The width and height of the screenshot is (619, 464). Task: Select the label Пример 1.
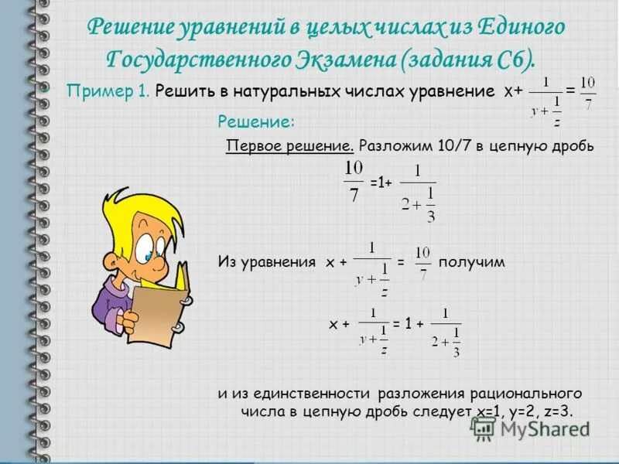108,90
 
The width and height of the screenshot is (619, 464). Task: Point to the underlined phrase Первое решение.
289,146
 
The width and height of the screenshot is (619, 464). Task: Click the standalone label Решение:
255,121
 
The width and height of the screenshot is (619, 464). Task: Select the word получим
471,262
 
